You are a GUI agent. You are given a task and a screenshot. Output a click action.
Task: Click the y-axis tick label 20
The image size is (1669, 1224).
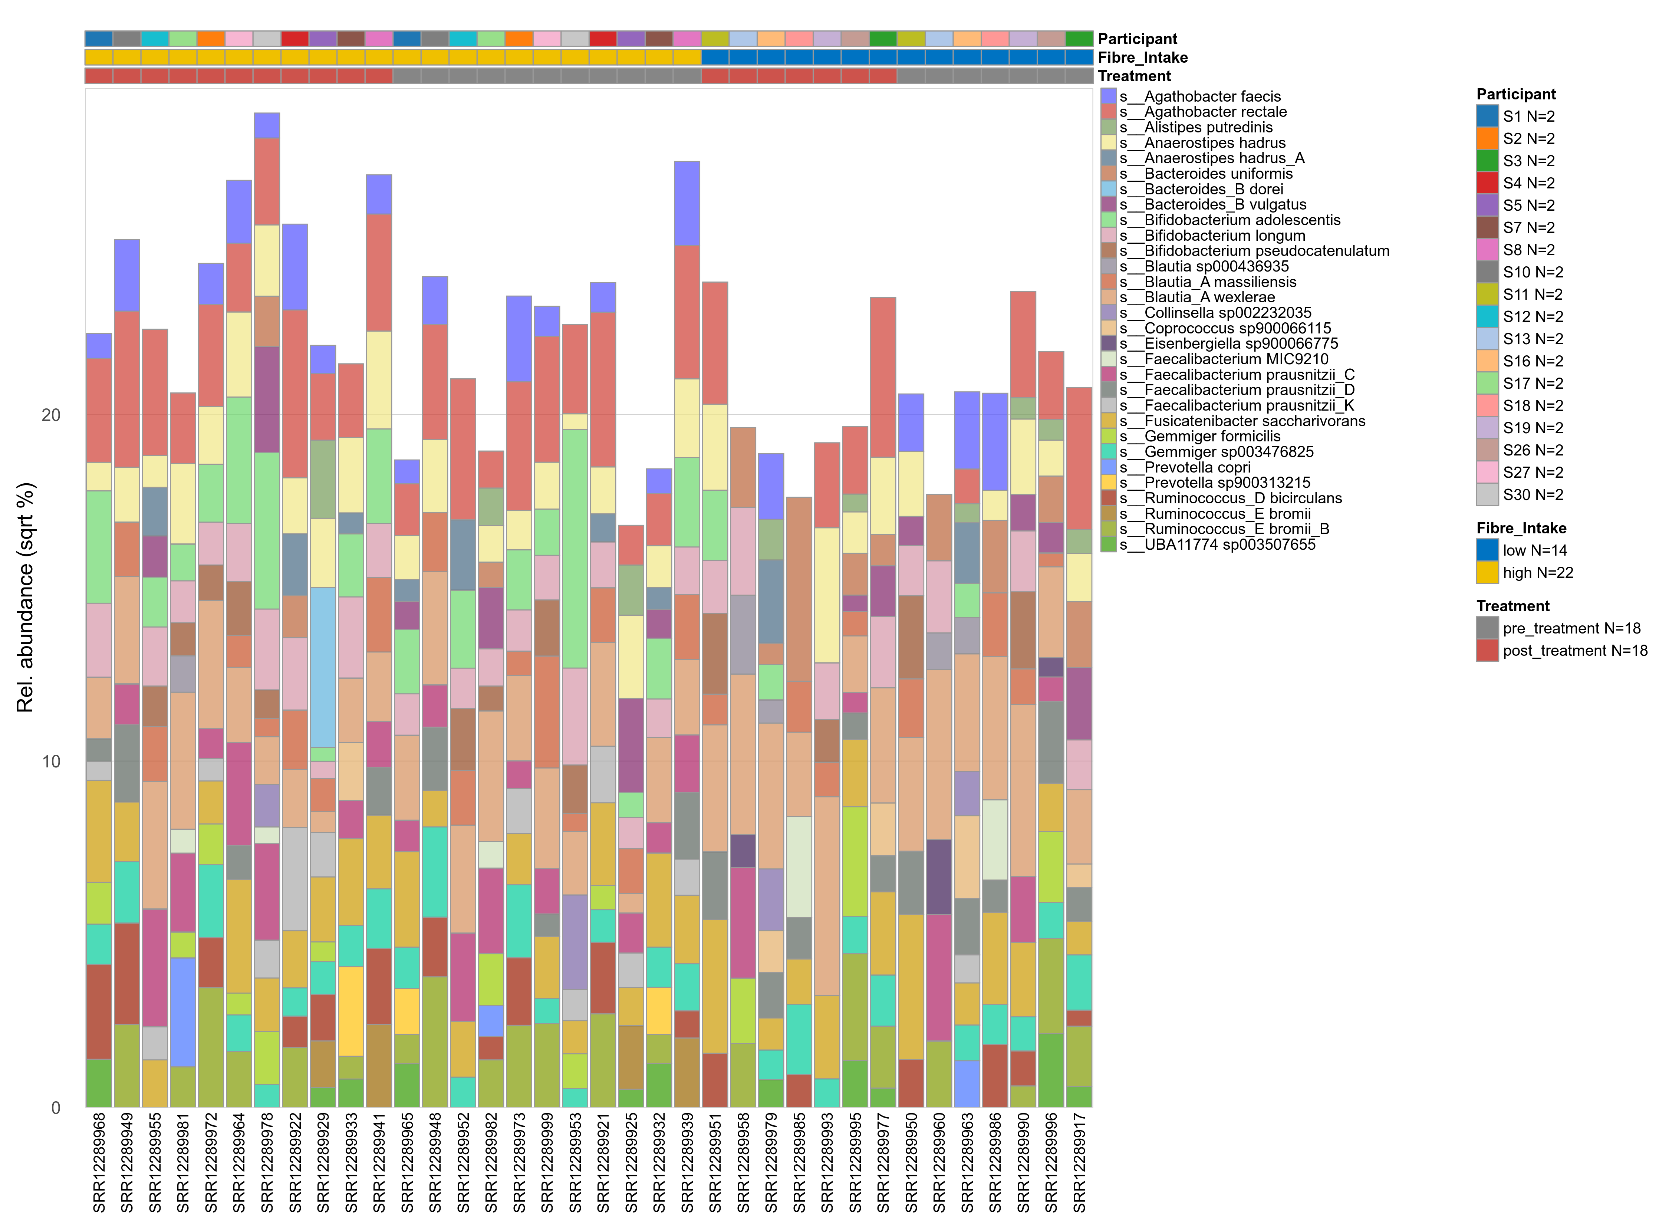tap(50, 415)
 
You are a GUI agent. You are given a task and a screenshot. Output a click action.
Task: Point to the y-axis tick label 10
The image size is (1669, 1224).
tap(50, 762)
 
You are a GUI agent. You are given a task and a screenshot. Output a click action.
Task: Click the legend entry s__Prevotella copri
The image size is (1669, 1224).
tap(1197, 467)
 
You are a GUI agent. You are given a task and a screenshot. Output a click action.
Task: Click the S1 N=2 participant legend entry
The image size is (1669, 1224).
tap(1528, 116)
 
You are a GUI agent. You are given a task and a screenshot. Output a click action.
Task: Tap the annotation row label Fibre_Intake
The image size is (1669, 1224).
tap(1142, 58)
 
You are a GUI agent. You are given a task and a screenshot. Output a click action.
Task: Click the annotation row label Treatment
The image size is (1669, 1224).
tap(1134, 76)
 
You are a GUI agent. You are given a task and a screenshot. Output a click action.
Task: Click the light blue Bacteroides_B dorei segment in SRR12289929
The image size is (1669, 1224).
tap(323, 667)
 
